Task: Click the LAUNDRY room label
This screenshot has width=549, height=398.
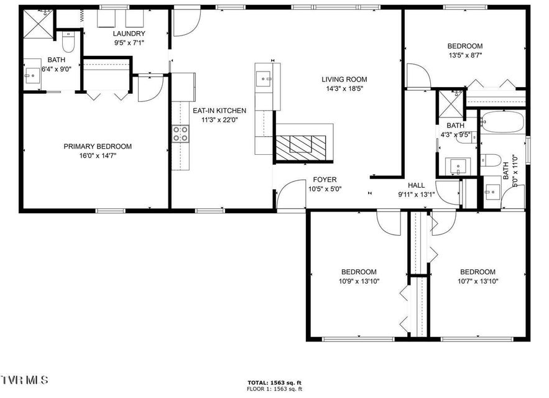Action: point(129,34)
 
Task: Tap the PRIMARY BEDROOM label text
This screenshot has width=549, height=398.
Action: point(98,146)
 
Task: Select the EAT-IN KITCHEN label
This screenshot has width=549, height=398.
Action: point(219,111)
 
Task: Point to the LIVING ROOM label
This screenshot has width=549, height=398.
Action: point(344,80)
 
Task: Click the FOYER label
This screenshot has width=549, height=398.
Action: point(325,180)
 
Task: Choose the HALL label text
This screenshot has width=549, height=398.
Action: point(417,185)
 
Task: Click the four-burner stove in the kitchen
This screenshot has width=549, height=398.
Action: point(180,134)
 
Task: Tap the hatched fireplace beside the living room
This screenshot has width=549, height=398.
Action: point(301,147)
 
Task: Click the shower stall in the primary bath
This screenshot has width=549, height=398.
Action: point(39,24)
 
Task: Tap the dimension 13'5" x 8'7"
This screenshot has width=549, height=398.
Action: point(465,55)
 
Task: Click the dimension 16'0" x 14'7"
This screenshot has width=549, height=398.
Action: point(98,155)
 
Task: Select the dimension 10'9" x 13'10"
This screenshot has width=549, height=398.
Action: point(359,281)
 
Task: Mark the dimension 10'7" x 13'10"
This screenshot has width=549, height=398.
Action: point(478,281)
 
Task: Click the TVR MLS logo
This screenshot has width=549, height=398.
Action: point(24,380)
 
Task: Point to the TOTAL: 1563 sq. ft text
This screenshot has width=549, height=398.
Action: point(275,382)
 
